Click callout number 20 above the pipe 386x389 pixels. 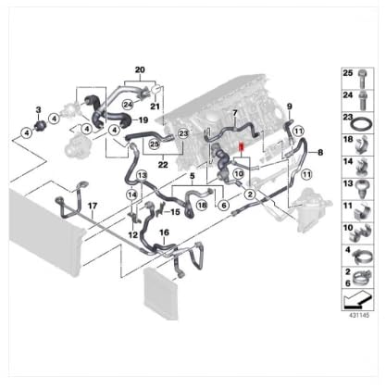point(140,70)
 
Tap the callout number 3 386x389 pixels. point(38,109)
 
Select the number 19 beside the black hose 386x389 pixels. point(143,119)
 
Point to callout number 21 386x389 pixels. point(155,107)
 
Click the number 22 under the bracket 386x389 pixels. point(163,165)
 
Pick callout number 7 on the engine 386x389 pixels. point(235,113)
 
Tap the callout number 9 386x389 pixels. point(290,107)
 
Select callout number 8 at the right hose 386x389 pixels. point(320,152)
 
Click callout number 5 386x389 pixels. point(193,176)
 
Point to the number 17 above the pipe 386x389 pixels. point(93,206)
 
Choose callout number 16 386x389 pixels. point(165,232)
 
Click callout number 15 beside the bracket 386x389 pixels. point(175,212)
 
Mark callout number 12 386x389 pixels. point(133,235)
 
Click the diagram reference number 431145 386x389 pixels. point(359,316)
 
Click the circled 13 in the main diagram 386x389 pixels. point(143,176)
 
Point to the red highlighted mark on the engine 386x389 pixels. point(242,148)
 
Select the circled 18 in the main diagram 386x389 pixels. point(202,205)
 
